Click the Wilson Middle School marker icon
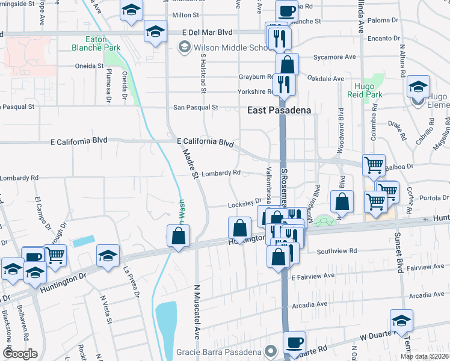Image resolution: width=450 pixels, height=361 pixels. click(183, 47)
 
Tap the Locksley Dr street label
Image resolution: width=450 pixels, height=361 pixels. click(245, 203)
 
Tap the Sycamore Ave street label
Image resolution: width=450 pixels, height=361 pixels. click(334, 57)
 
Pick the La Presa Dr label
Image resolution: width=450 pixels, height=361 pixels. click(132, 283)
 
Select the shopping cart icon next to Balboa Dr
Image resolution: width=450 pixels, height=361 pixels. click(374, 164)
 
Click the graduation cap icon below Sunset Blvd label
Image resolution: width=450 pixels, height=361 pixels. click(401, 321)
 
